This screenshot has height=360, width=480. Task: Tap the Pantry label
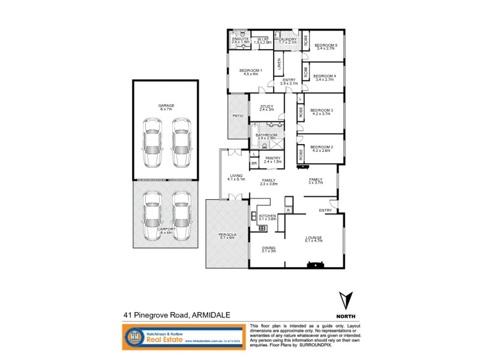click(x=272, y=160)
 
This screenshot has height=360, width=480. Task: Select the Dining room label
click(x=268, y=248)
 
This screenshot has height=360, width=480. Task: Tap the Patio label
click(x=237, y=116)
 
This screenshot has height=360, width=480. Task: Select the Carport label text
click(x=166, y=230)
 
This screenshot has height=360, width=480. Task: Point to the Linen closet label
click(x=279, y=62)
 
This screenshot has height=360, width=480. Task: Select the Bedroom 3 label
click(x=322, y=111)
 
